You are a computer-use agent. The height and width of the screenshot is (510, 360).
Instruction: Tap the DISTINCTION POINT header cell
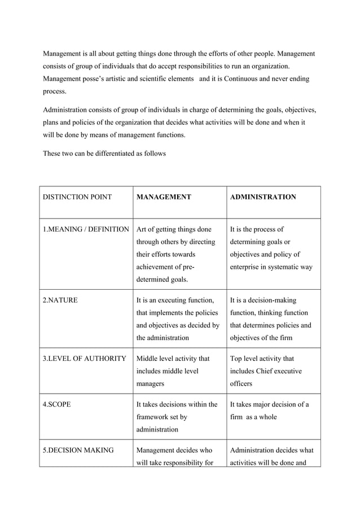click(x=77, y=197)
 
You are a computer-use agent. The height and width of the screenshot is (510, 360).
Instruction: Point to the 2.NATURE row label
click(x=60, y=300)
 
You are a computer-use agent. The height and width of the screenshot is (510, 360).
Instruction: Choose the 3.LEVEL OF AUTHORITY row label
click(x=85, y=359)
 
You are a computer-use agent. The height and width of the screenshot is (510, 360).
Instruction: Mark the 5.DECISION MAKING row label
click(x=78, y=451)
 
